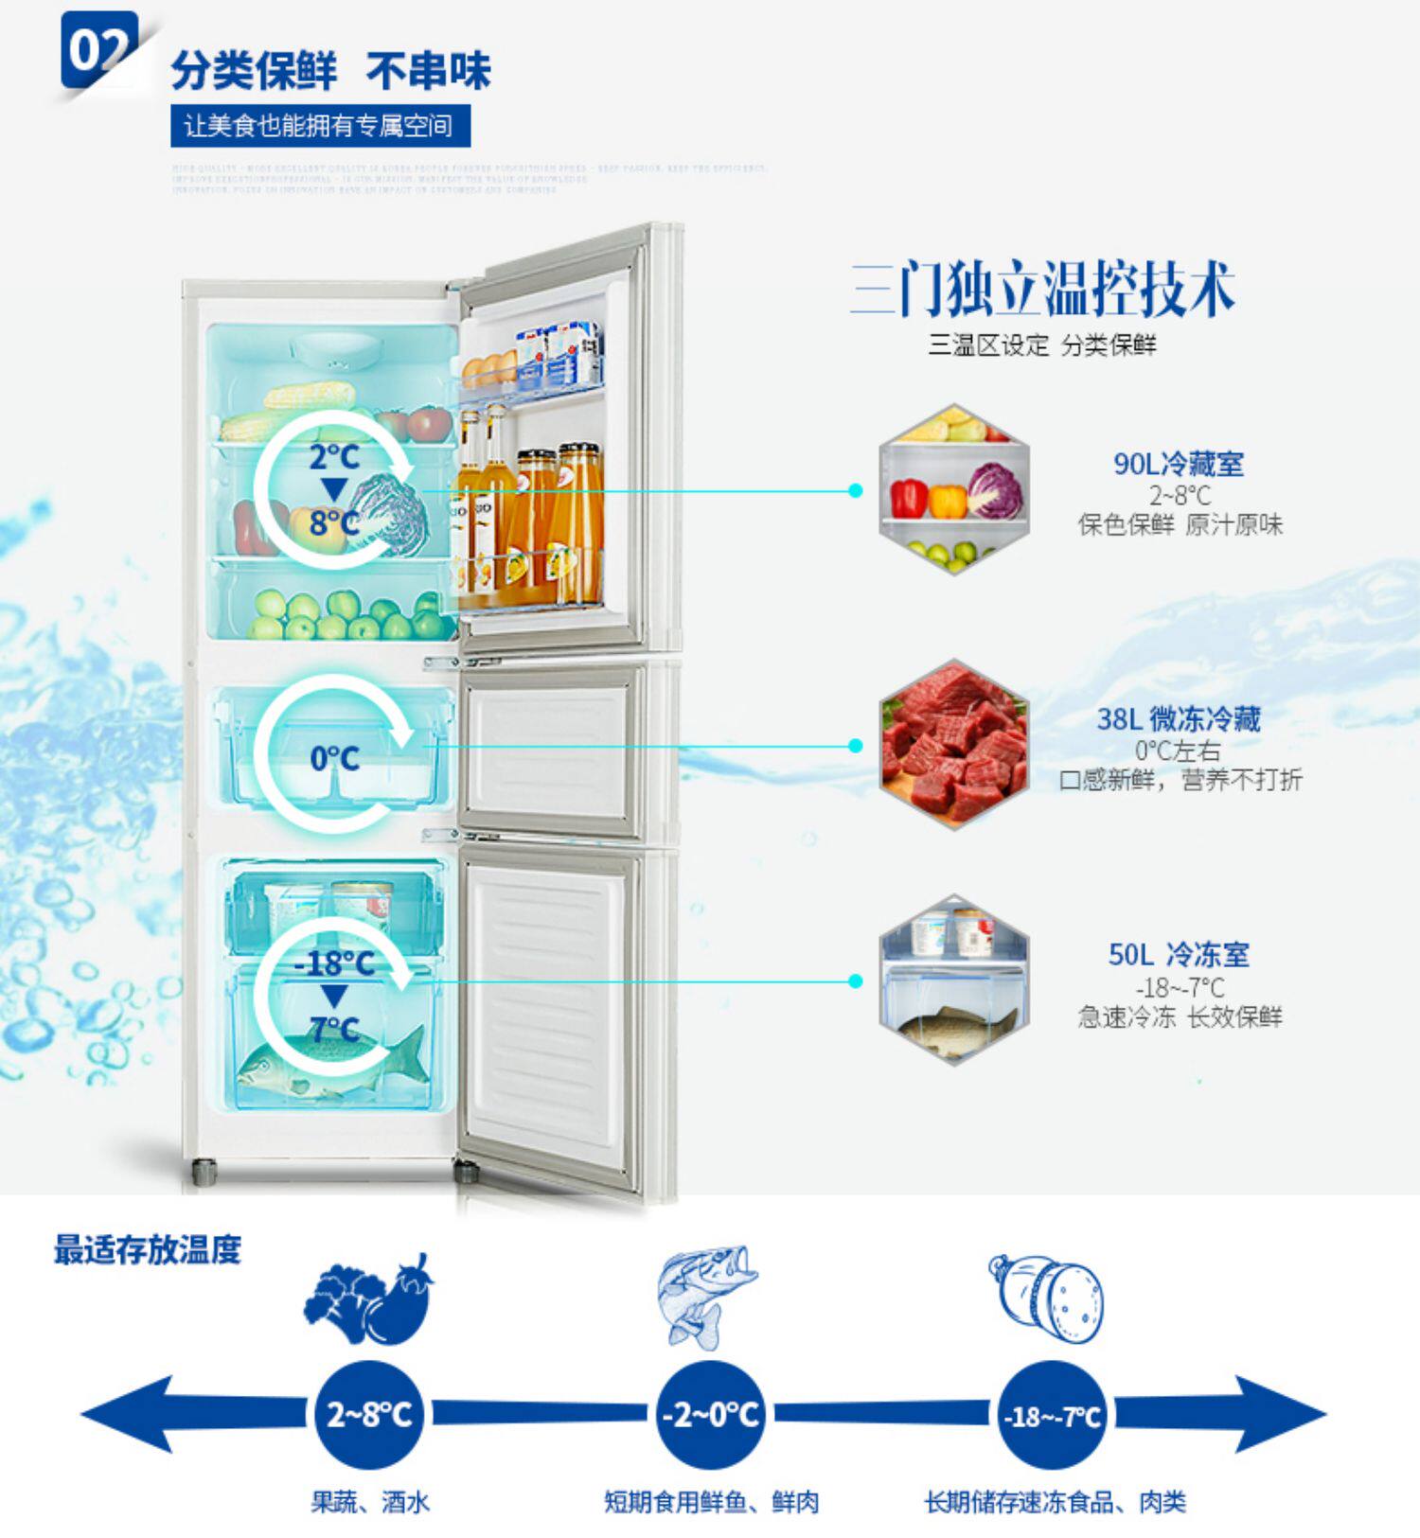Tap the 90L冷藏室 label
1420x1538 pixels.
(1179, 464)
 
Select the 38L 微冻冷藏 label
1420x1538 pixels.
(1179, 719)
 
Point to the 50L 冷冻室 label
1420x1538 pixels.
(1179, 954)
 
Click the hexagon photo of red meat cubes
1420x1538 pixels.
(953, 745)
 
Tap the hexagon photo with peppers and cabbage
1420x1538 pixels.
(953, 489)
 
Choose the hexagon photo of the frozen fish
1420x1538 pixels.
(953, 980)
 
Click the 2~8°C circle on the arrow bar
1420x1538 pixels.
(369, 1414)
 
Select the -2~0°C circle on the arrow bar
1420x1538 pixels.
(710, 1414)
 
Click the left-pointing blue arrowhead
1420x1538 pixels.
(128, 1414)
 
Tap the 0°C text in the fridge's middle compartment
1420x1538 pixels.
(334, 758)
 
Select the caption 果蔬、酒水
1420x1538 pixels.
(370, 1502)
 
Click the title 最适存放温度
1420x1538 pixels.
(148, 1250)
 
